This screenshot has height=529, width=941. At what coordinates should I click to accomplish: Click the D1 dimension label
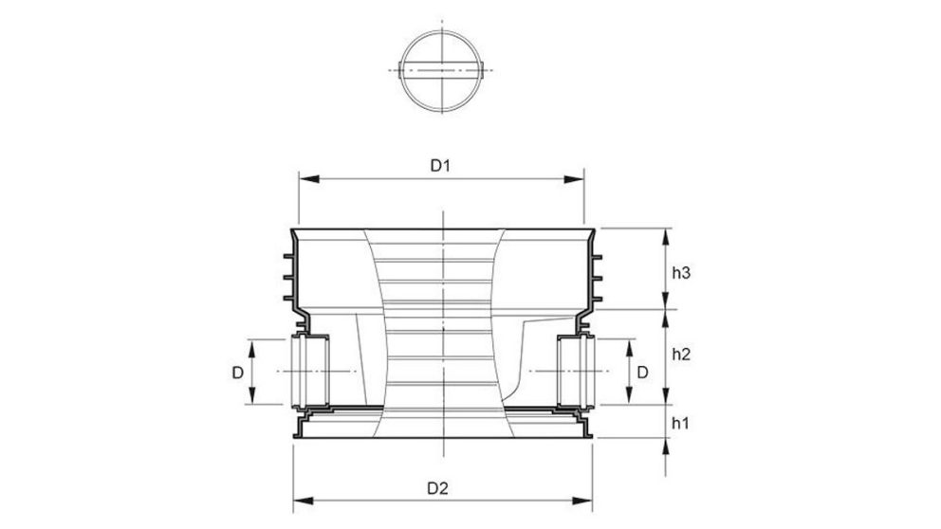tap(438, 166)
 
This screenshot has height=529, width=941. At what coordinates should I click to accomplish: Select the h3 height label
tap(680, 273)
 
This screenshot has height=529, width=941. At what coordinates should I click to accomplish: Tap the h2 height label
tap(680, 355)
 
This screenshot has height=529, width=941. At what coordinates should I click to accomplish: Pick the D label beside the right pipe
tap(642, 373)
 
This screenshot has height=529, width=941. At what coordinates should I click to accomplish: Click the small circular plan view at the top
tap(441, 69)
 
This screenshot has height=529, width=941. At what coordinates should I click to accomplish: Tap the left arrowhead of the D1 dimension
tap(304, 179)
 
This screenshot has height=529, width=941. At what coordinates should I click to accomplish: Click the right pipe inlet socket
tap(575, 370)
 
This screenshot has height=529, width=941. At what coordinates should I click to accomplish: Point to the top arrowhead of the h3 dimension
tap(666, 234)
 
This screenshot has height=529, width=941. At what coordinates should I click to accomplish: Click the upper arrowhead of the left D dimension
tap(254, 344)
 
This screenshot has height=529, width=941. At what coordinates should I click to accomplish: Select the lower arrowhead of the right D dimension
tap(627, 397)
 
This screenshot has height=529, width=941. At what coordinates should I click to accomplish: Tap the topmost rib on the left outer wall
tap(286, 256)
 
